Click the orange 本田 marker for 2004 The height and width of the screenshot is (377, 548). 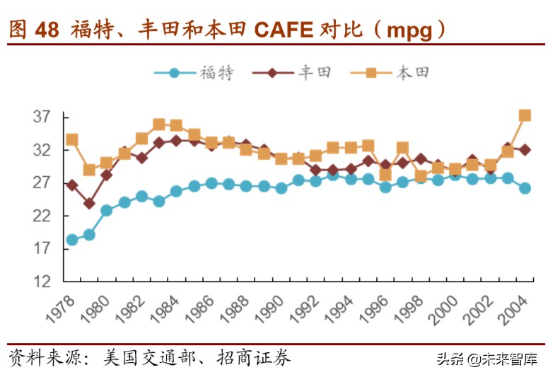click(525, 115)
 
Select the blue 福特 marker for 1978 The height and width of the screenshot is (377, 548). click(71, 240)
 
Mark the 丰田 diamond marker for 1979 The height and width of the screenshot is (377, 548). click(89, 203)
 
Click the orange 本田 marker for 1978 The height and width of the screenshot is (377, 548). click(71, 139)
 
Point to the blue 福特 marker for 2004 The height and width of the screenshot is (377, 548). click(525, 188)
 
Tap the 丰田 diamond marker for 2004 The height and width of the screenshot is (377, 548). click(525, 150)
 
